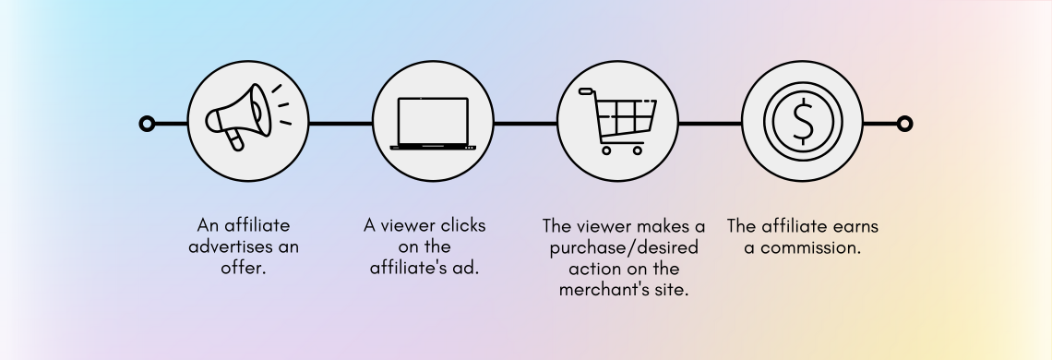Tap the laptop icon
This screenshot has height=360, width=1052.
[433, 123]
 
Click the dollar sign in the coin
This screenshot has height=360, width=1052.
[803, 122]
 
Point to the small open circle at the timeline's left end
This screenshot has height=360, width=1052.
[146, 124]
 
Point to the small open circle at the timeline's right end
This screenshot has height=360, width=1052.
[904, 124]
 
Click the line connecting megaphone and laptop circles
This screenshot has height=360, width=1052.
[341, 124]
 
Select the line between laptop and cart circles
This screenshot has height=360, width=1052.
[525, 124]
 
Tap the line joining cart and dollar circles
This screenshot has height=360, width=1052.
[711, 124]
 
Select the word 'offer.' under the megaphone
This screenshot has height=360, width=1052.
[248, 269]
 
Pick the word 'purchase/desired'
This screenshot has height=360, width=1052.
[625, 247]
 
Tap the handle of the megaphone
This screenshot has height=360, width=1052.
[235, 140]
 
